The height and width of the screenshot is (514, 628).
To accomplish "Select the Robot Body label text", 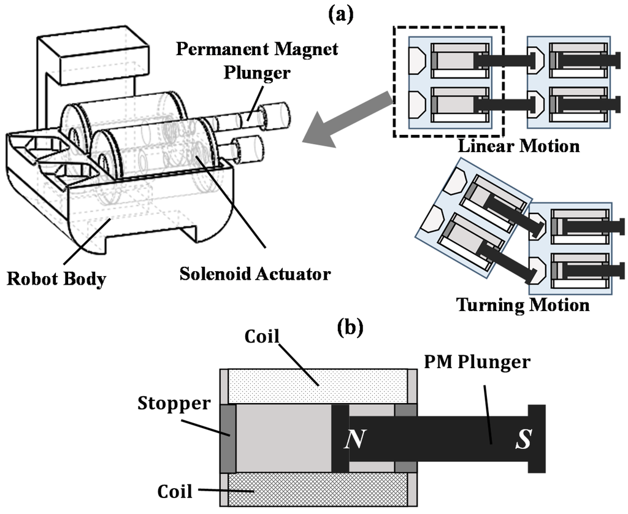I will click(x=56, y=279).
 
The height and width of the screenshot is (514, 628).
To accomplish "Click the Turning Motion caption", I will click(x=523, y=304).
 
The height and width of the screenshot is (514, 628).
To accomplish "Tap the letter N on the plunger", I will click(x=354, y=439).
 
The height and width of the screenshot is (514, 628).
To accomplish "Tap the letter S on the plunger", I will click(x=523, y=439).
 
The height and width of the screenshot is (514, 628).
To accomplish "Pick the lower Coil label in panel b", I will click(x=174, y=491).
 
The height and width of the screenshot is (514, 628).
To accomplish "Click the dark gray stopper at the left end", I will click(x=228, y=438).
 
